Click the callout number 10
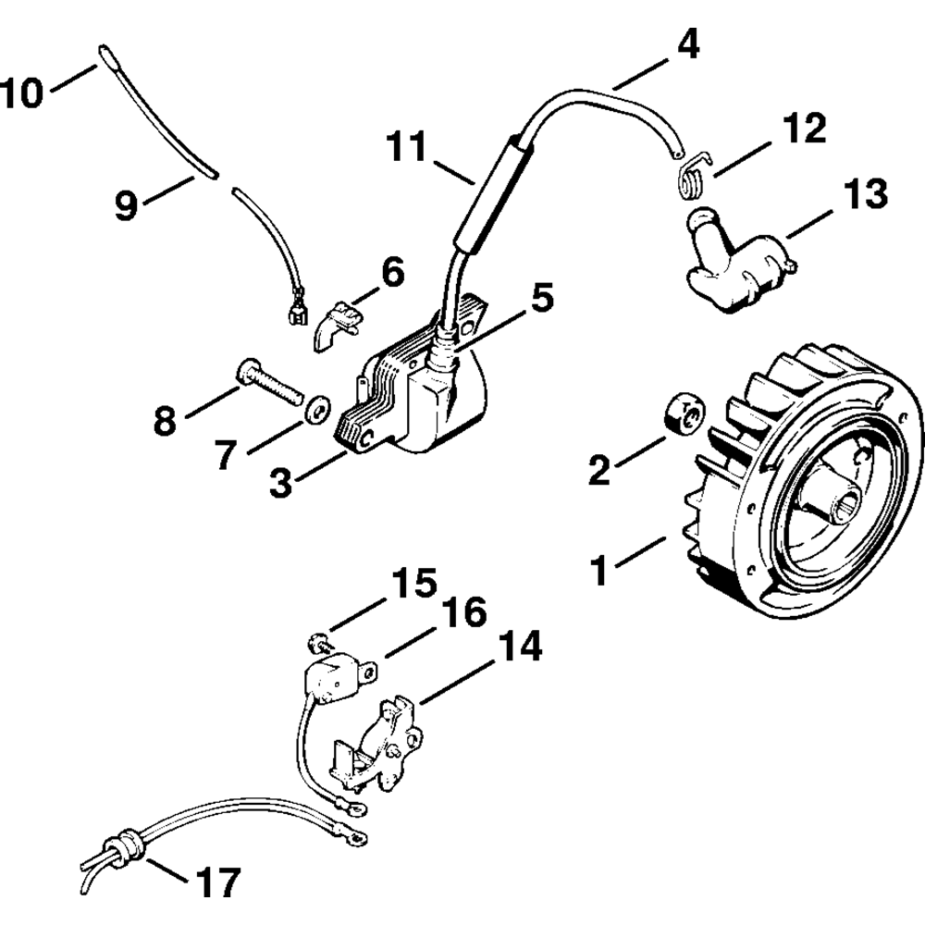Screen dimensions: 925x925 tap(22, 93)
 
